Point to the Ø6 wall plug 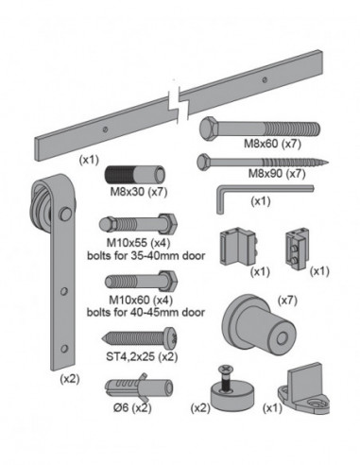136,387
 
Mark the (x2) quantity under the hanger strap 69,377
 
